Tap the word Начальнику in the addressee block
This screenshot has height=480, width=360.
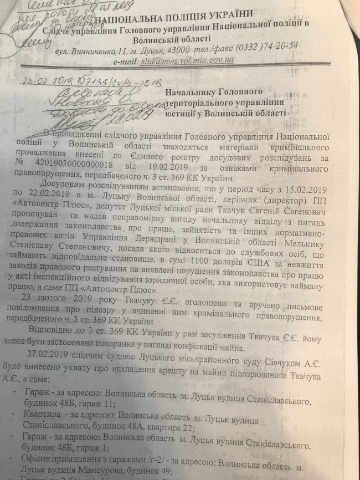[x=198, y=91]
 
